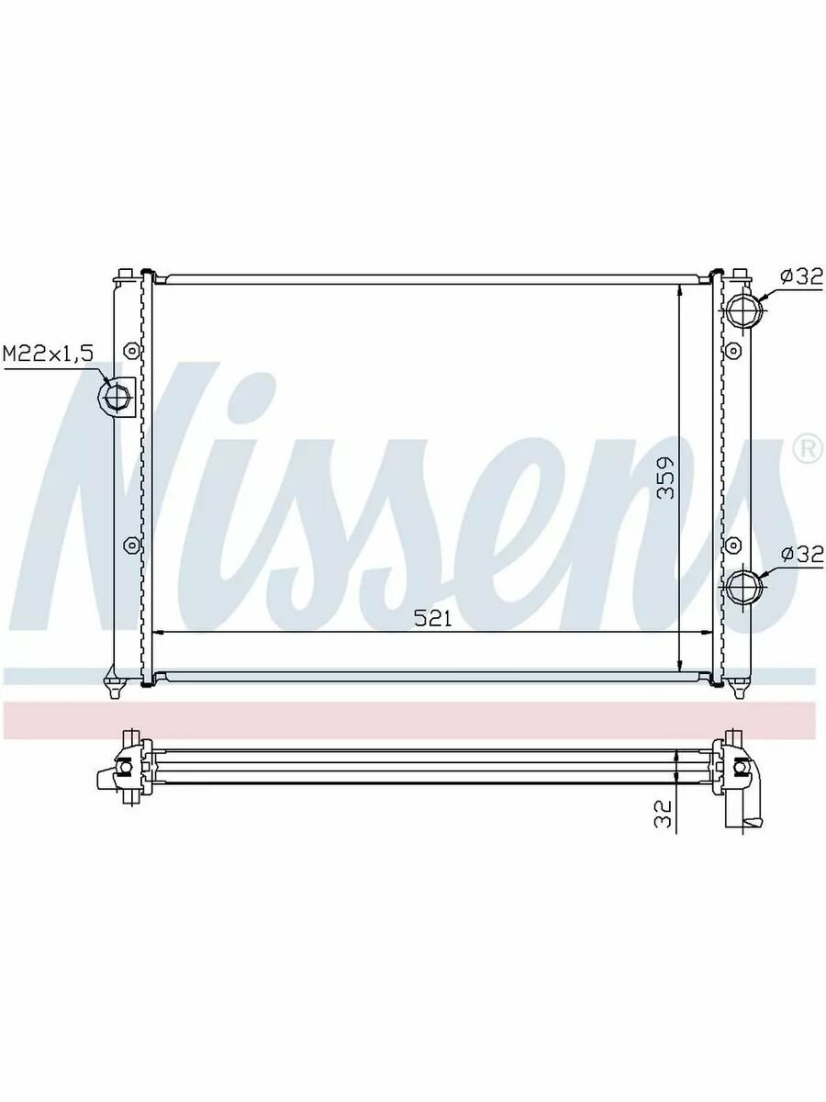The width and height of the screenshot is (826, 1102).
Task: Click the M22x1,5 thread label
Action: (48, 354)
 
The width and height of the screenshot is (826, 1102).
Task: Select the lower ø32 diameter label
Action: (802, 555)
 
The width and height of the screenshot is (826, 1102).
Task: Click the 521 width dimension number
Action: (433, 619)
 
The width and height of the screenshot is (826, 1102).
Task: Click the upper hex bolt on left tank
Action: (131, 350)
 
